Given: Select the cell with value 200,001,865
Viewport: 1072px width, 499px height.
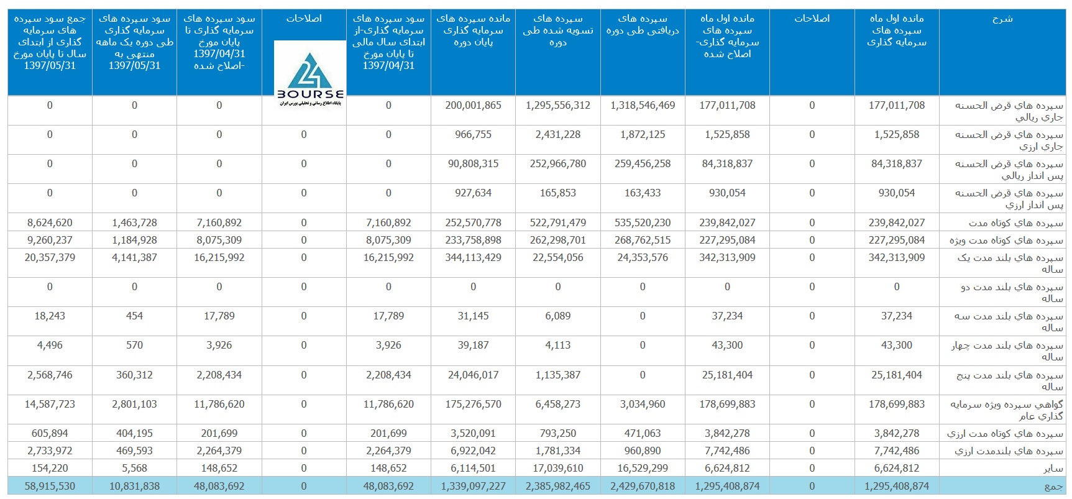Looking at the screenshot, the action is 473,106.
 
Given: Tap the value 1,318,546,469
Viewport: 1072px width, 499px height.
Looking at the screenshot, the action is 643,106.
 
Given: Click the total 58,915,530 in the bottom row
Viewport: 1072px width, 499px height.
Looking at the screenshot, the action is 50,486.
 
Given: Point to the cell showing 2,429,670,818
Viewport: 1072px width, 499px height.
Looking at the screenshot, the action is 643,486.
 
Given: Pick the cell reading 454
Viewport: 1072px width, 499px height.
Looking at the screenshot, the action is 134,316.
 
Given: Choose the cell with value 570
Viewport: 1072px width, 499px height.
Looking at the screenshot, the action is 134,345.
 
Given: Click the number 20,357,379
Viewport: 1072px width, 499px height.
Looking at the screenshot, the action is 50,257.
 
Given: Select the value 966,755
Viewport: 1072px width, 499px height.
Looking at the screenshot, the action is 473,134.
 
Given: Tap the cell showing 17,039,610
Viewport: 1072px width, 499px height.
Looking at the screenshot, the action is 558,468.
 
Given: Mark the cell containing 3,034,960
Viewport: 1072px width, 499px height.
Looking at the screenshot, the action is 643,404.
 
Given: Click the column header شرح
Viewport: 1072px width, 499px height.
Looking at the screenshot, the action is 1002,19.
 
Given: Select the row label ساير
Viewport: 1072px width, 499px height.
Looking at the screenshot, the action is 1053,469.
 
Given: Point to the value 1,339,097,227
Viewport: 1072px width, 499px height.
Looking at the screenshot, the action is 473,486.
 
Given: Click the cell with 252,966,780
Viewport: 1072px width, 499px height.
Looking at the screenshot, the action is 558,163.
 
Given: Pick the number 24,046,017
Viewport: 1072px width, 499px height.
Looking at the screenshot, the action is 473,375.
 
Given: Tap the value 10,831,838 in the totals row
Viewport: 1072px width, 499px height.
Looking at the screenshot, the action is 134,486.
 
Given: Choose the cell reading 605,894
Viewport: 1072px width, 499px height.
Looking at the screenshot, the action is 50,433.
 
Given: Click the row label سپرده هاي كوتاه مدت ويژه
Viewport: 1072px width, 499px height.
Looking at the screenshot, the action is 1006,240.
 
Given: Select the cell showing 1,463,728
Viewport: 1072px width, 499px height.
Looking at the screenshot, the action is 134,222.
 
